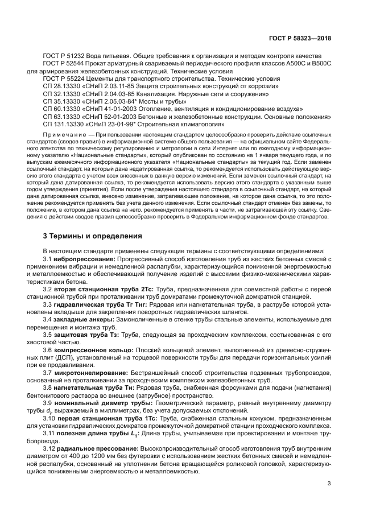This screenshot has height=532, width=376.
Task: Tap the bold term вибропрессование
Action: click(85, 259)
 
